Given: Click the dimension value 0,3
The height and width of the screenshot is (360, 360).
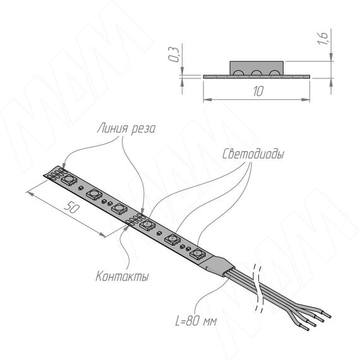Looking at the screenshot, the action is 173,54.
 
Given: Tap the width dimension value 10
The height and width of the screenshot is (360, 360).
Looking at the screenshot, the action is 258,91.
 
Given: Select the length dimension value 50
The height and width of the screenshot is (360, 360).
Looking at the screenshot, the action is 71,207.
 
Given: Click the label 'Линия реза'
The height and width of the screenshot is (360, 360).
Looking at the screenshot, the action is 126,128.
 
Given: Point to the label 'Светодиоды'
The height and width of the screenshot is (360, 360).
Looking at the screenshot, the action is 253,154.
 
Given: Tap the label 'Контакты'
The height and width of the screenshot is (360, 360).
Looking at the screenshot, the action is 122,276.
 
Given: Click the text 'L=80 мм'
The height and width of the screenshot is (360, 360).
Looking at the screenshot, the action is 196,320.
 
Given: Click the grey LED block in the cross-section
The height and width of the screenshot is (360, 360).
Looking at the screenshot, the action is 256,68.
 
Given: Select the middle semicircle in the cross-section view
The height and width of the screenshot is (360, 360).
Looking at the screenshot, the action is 256,73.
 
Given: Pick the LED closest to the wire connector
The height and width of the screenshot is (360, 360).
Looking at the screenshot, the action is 198,254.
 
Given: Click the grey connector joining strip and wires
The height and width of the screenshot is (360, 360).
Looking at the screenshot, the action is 217,266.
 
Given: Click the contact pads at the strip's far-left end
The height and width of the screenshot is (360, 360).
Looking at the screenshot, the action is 56,174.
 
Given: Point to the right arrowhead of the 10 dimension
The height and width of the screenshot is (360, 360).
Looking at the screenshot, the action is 306,99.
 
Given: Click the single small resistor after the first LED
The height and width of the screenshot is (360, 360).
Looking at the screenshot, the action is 81,188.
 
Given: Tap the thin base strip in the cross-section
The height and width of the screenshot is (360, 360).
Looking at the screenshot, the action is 256,76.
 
